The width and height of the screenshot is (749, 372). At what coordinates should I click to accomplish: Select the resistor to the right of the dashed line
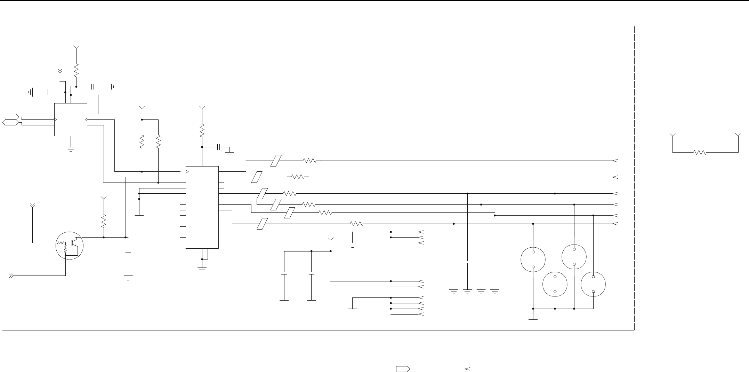[x=699, y=152]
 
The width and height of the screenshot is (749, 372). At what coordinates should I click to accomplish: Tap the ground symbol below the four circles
[x=533, y=321]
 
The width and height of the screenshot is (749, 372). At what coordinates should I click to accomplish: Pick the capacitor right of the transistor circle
[x=128, y=254]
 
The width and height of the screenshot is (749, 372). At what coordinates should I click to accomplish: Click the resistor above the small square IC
[x=76, y=71]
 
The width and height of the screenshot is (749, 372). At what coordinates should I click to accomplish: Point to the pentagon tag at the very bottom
[x=403, y=369]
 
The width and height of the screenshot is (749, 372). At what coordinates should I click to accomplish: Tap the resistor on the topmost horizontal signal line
[x=309, y=161]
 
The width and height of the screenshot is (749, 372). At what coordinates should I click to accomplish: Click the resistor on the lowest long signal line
[x=356, y=224]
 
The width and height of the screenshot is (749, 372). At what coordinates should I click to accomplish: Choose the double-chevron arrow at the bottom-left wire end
[x=11, y=276]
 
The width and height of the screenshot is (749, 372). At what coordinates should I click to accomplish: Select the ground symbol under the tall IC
[x=202, y=269]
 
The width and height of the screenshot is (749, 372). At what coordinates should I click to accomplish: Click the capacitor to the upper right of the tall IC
[x=219, y=147]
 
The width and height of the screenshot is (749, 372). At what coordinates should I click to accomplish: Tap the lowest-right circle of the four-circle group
[x=593, y=284]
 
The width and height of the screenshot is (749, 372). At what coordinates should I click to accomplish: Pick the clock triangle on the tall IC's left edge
[x=187, y=171]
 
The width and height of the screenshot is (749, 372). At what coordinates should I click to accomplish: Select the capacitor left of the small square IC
[x=49, y=92]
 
